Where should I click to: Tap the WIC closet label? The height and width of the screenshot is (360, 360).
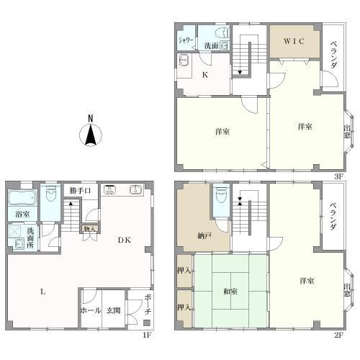294,41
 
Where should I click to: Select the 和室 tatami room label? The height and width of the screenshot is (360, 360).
230,292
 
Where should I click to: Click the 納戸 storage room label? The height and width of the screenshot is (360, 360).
204,236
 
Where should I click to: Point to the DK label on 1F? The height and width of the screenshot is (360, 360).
125,240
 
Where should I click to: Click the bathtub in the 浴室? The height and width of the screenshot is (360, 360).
23,198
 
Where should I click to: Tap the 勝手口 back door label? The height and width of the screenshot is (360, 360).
80,191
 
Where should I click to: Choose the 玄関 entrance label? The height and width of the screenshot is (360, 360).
113,310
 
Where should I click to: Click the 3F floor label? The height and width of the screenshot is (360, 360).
338,177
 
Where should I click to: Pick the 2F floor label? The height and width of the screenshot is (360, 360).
338,336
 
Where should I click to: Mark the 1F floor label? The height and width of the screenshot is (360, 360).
147,336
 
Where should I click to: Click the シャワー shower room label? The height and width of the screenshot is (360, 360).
186,40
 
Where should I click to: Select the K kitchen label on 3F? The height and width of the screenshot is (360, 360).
204,75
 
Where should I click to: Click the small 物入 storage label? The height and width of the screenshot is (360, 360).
89,228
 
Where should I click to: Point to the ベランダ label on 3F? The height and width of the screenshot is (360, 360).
333,55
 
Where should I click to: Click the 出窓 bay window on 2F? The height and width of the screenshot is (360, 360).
348,290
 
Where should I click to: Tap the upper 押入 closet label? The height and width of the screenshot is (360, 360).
184,271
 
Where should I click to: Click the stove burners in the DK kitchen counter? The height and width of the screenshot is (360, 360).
109,190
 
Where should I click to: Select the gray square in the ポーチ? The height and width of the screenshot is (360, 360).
147,323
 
